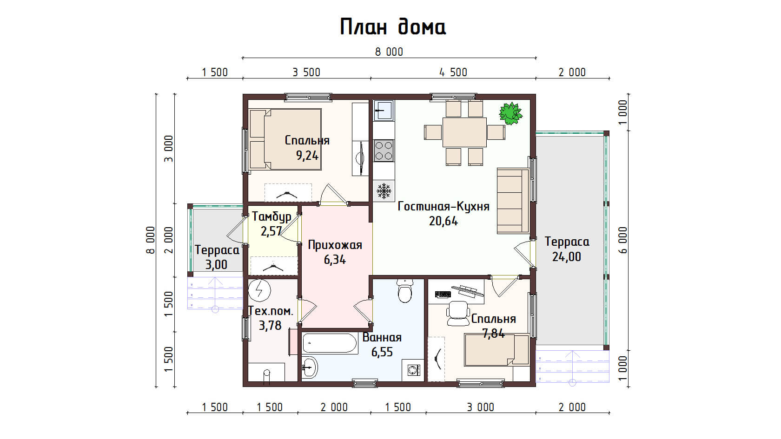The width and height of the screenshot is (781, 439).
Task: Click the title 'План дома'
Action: pyautogui.click(x=393, y=27)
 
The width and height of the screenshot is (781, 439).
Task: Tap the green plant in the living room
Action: pyautogui.click(x=510, y=113)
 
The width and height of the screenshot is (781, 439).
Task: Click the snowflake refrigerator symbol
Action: pyautogui.click(x=384, y=191)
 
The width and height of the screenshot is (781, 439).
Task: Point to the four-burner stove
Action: pyautogui.click(x=384, y=151)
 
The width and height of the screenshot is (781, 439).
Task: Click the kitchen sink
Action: pyautogui.click(x=384, y=110)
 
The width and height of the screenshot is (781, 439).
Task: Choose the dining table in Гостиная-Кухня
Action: pyautogui.click(x=464, y=132)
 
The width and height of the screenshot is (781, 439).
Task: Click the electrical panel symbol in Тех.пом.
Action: pyautogui.click(x=259, y=290)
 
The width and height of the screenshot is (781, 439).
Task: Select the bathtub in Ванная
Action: pyautogui.click(x=330, y=344)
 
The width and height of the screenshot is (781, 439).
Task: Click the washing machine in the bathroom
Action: pyautogui.click(x=412, y=370)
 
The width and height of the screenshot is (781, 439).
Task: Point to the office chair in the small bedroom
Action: pyautogui.click(x=458, y=313)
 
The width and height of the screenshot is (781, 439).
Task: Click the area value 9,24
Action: pyautogui.click(x=307, y=155)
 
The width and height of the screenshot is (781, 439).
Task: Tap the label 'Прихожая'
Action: pyautogui.click(x=335, y=245)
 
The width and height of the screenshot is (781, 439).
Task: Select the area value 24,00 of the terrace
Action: pyautogui.click(x=567, y=257)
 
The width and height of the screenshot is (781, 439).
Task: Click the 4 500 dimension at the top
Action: pyautogui.click(x=453, y=72)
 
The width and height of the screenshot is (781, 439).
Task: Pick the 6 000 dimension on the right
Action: pyautogui.click(x=623, y=240)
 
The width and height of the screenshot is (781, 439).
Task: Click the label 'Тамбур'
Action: pyautogui.click(x=271, y=216)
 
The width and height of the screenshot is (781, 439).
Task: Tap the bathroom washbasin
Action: pyautogui.click(x=310, y=367)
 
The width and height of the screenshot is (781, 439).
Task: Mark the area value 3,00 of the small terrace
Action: pyautogui.click(x=216, y=265)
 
